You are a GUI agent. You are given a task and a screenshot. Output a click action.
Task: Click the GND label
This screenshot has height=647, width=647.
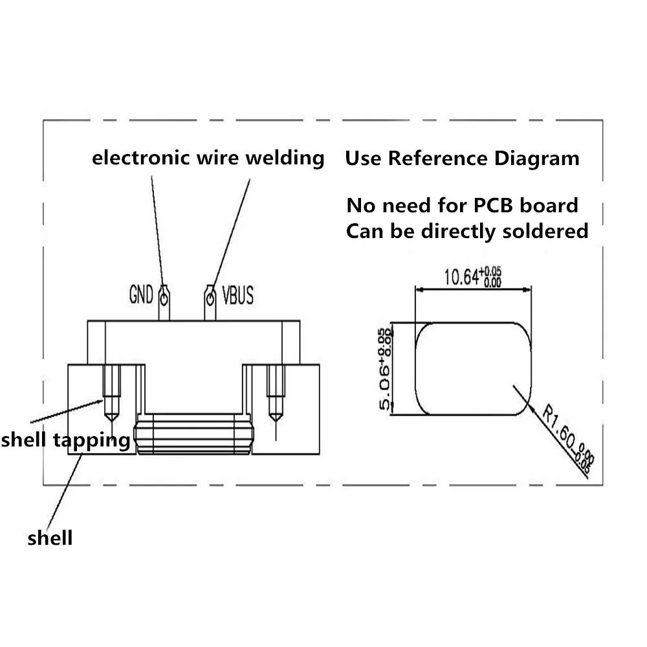click(x=141, y=296)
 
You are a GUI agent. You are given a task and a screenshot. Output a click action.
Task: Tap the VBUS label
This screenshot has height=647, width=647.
click(x=237, y=296)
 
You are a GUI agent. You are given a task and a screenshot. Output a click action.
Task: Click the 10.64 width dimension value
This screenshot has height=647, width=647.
click(x=460, y=277)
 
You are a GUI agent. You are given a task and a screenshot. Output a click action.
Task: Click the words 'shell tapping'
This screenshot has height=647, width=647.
click(x=65, y=441)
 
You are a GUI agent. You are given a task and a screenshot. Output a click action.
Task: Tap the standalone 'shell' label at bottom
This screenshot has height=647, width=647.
click(x=50, y=537)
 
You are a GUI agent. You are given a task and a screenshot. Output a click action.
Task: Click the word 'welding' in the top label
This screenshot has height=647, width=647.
click(x=286, y=157)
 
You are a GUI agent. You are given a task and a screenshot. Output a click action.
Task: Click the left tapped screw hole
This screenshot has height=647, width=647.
click(x=111, y=391)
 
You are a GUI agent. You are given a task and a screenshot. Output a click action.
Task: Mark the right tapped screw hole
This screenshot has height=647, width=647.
click(x=277, y=391)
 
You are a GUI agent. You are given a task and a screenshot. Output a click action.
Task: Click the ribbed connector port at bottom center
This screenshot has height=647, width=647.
click(x=192, y=434)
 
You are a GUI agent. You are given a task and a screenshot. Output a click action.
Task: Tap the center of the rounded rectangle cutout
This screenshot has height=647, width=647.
click(x=472, y=368)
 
